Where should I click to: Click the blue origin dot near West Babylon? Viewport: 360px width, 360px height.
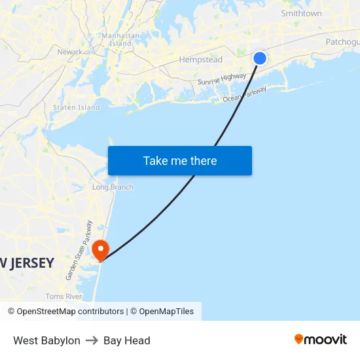tap(260, 58)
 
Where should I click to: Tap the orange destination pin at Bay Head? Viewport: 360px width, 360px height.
tap(101, 249)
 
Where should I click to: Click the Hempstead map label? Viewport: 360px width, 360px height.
tap(201, 60)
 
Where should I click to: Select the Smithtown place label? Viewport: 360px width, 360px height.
tap(301, 13)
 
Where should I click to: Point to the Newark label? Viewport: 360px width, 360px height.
tap(70, 52)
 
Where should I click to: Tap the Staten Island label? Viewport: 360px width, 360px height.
tap(76, 107)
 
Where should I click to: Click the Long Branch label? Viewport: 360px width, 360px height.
tap(113, 187)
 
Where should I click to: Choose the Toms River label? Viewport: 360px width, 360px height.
tap(64, 297)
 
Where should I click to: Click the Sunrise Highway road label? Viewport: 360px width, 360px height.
tap(222, 79)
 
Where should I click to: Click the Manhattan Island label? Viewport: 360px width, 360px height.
tap(120, 39)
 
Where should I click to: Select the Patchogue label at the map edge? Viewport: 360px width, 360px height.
tap(342, 42)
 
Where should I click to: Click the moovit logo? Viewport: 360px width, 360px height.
tap(321, 340)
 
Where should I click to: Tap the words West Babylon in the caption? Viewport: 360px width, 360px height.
tap(46, 340)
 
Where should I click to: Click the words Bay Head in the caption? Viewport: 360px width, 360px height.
tap(127, 340)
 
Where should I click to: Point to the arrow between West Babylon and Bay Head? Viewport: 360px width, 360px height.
tap(92, 340)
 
